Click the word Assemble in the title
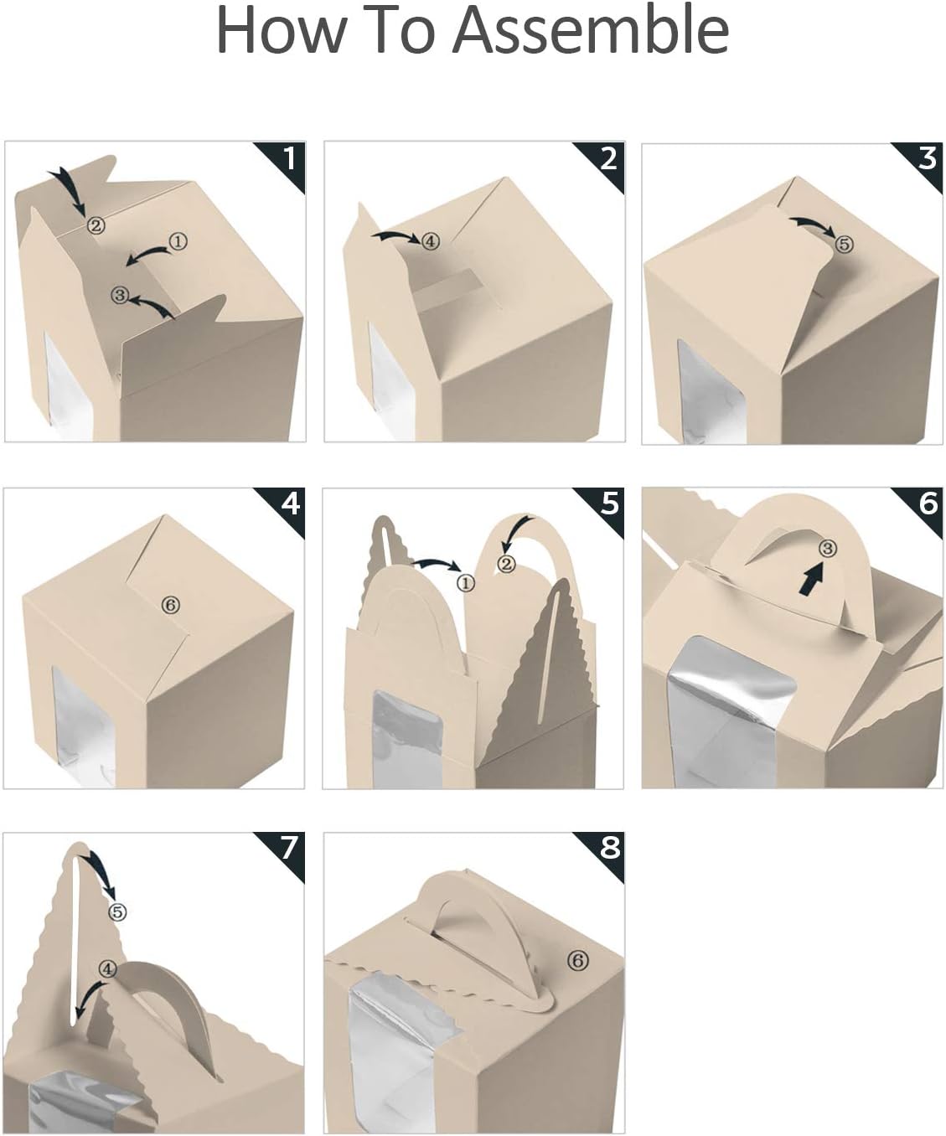pos(591,31)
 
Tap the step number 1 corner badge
pos(288,158)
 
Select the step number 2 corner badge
pos(607,158)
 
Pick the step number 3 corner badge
pos(926,158)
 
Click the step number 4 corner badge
pos(289,504)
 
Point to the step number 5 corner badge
pos(608,504)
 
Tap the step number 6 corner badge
pos(927,504)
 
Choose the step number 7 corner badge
pos(288,848)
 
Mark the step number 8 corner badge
pos(608,848)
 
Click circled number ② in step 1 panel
pos(96,225)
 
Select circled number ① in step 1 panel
pos(178,241)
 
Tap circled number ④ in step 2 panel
pos(430,241)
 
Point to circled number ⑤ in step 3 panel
pos(844,244)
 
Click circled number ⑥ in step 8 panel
pos(577,961)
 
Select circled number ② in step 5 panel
pos(506,565)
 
